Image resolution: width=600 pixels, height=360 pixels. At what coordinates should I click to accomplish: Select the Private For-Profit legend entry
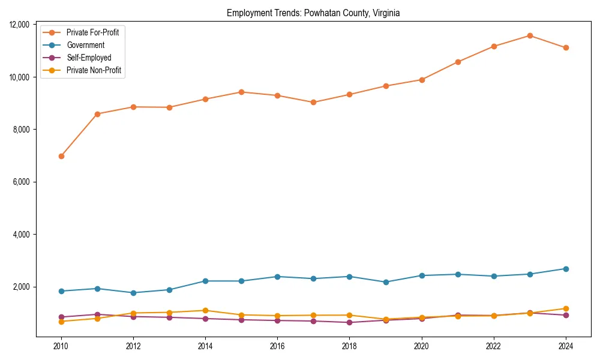92,32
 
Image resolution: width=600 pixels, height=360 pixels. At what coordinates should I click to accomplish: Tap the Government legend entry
85,45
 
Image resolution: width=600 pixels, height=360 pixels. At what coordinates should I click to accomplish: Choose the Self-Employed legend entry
89,58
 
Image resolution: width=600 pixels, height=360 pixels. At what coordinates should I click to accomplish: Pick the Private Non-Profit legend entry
94,70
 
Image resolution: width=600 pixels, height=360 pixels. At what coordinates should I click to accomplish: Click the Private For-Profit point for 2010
61,156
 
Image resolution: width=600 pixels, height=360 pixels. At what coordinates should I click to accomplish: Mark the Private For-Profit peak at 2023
530,35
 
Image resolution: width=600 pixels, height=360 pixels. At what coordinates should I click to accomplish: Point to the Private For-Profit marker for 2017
313,102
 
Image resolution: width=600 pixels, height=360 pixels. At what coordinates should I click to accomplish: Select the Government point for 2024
566,269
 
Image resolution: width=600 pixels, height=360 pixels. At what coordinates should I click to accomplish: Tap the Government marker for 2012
133,293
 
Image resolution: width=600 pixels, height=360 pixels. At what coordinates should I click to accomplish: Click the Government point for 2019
386,282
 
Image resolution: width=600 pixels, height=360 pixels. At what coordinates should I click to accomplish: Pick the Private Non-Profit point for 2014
205,310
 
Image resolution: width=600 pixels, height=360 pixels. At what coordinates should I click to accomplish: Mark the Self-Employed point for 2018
350,322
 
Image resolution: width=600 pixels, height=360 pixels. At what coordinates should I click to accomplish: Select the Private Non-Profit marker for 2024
566,308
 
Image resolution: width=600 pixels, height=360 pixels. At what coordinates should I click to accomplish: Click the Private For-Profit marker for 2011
97,114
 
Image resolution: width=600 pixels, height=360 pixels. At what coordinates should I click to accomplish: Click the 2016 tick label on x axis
277,346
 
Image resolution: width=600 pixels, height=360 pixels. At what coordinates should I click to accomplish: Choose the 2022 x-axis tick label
494,346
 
